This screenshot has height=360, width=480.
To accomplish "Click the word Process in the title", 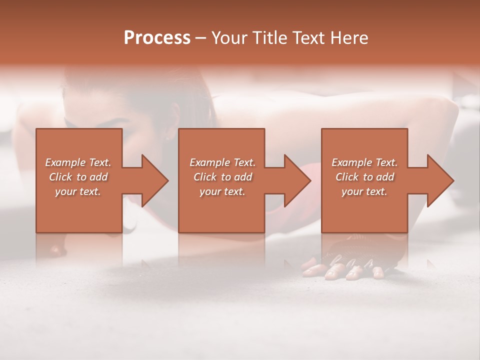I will [x=157, y=38].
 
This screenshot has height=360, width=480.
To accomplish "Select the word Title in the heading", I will [x=267, y=38].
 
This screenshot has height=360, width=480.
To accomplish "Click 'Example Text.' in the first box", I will [x=78, y=162].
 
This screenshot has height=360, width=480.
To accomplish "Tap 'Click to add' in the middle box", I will [x=222, y=177].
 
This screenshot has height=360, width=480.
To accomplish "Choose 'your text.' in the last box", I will [x=364, y=191].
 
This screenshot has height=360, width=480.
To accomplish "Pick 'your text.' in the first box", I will [x=78, y=191].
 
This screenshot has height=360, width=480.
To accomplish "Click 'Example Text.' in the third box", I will [x=364, y=162].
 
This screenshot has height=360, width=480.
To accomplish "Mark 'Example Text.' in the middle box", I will [x=222, y=162].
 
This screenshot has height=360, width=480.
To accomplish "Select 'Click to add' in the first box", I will [x=78, y=177].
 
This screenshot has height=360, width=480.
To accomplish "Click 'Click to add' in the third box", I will [x=364, y=177].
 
